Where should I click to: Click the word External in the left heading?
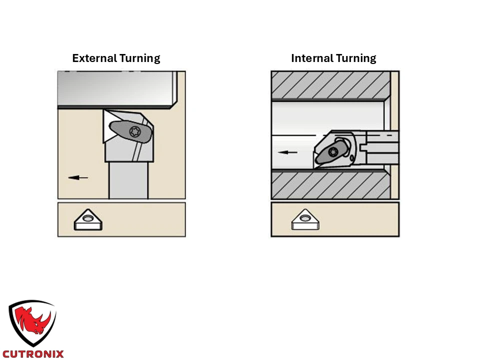point(94,58)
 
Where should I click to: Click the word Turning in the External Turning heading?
point(139,58)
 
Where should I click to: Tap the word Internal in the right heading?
point(312,58)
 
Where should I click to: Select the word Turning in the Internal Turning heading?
point(355,58)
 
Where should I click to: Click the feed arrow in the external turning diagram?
point(78,177)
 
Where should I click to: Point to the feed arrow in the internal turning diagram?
point(287,152)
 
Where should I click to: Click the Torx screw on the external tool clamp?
point(134,131)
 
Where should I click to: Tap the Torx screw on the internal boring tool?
point(333,152)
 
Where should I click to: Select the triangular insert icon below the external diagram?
point(88,220)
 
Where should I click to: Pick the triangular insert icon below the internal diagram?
point(305,219)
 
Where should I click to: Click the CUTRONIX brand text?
point(33,354)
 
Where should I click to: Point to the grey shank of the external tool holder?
point(128,180)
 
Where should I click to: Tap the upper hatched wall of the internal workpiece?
point(330,85)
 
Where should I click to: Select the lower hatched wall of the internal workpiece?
point(330,185)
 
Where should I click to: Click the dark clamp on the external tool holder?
point(130,131)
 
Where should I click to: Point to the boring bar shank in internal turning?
point(382,147)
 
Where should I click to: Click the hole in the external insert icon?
point(88,218)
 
